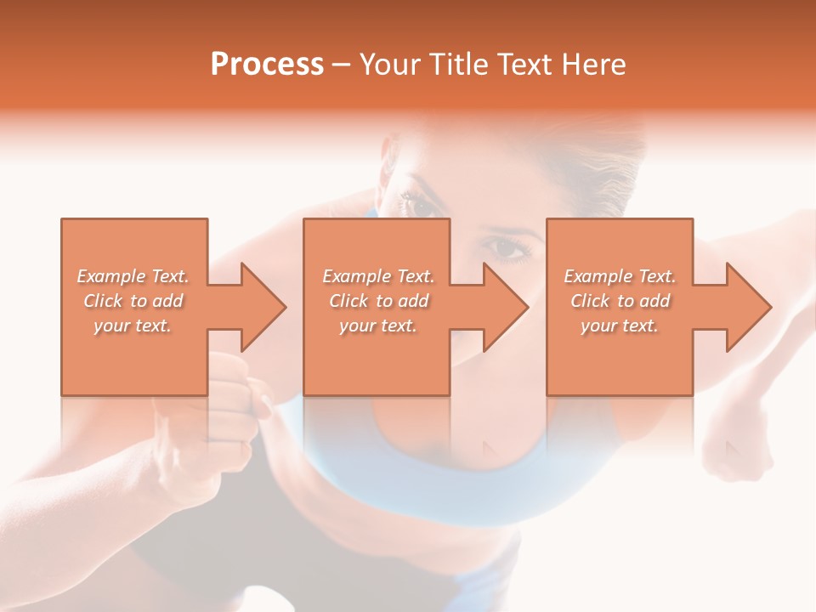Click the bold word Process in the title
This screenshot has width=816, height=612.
267,64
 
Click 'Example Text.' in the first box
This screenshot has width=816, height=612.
133,276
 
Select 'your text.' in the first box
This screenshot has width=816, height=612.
133,326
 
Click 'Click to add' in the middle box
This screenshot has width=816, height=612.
378,301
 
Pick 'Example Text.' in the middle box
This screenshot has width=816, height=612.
378,276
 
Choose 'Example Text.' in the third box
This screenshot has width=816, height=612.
620,276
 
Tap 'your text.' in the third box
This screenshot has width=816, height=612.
620,326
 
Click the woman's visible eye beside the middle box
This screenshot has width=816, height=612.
507,249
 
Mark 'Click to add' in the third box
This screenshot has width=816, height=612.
620,301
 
